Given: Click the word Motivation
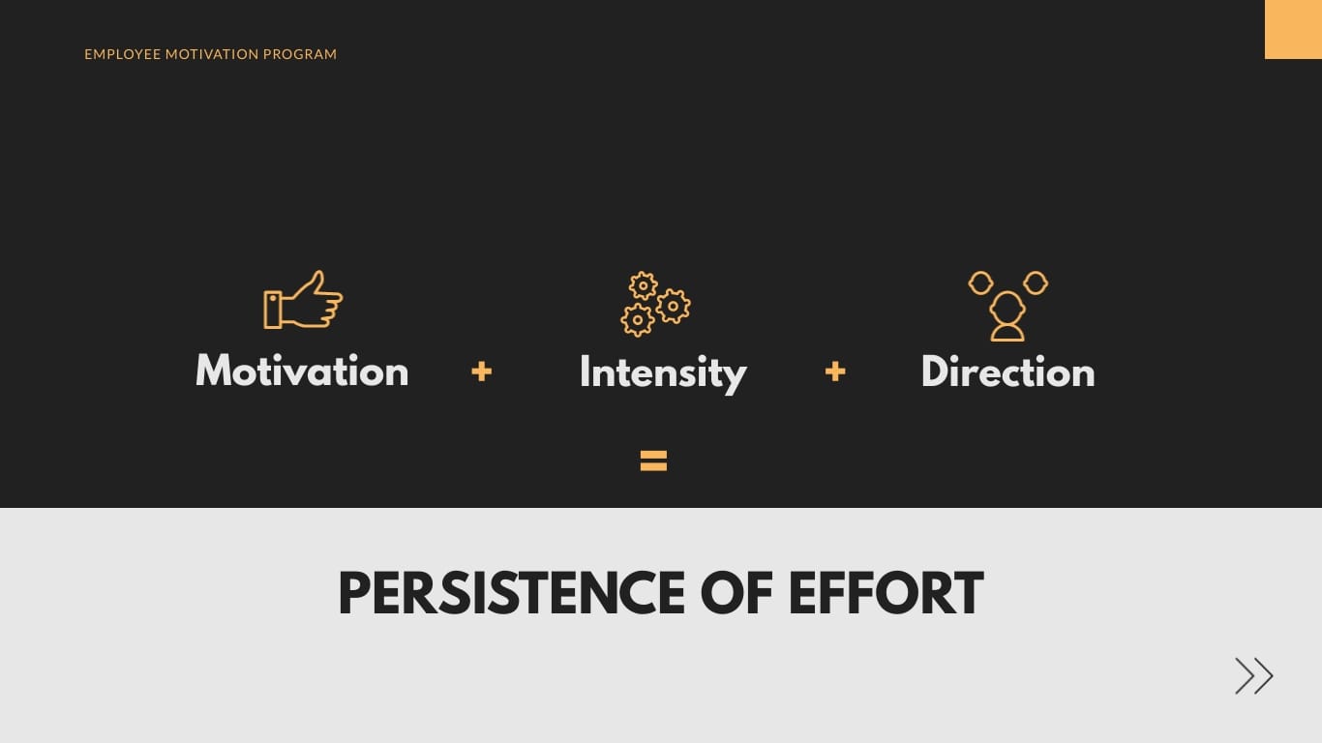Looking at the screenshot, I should pos(302,371).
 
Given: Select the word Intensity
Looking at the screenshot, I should pos(663,373).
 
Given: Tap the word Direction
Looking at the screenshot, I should pos(1007,372).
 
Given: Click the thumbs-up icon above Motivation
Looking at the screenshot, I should pos(303,300).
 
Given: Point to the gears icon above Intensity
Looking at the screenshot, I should pos(655,304).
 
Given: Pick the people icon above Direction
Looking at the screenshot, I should pos(1007,305).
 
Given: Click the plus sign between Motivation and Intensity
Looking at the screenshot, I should pos(482,371).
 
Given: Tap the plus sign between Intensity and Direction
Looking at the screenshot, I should pos(835,371).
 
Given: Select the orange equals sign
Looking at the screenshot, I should pos(653,461).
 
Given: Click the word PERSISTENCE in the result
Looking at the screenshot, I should pos(511,594).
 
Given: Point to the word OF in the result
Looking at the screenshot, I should pos(734,594).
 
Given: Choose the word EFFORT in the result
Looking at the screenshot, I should pos(886,594).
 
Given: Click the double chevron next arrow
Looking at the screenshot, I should pos(1253,675).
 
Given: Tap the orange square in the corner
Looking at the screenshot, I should pos(1293,29).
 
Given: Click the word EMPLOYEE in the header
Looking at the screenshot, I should pos(122,54).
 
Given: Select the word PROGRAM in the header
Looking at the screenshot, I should pos(300,54).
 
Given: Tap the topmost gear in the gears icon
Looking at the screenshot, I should pos(643,285).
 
